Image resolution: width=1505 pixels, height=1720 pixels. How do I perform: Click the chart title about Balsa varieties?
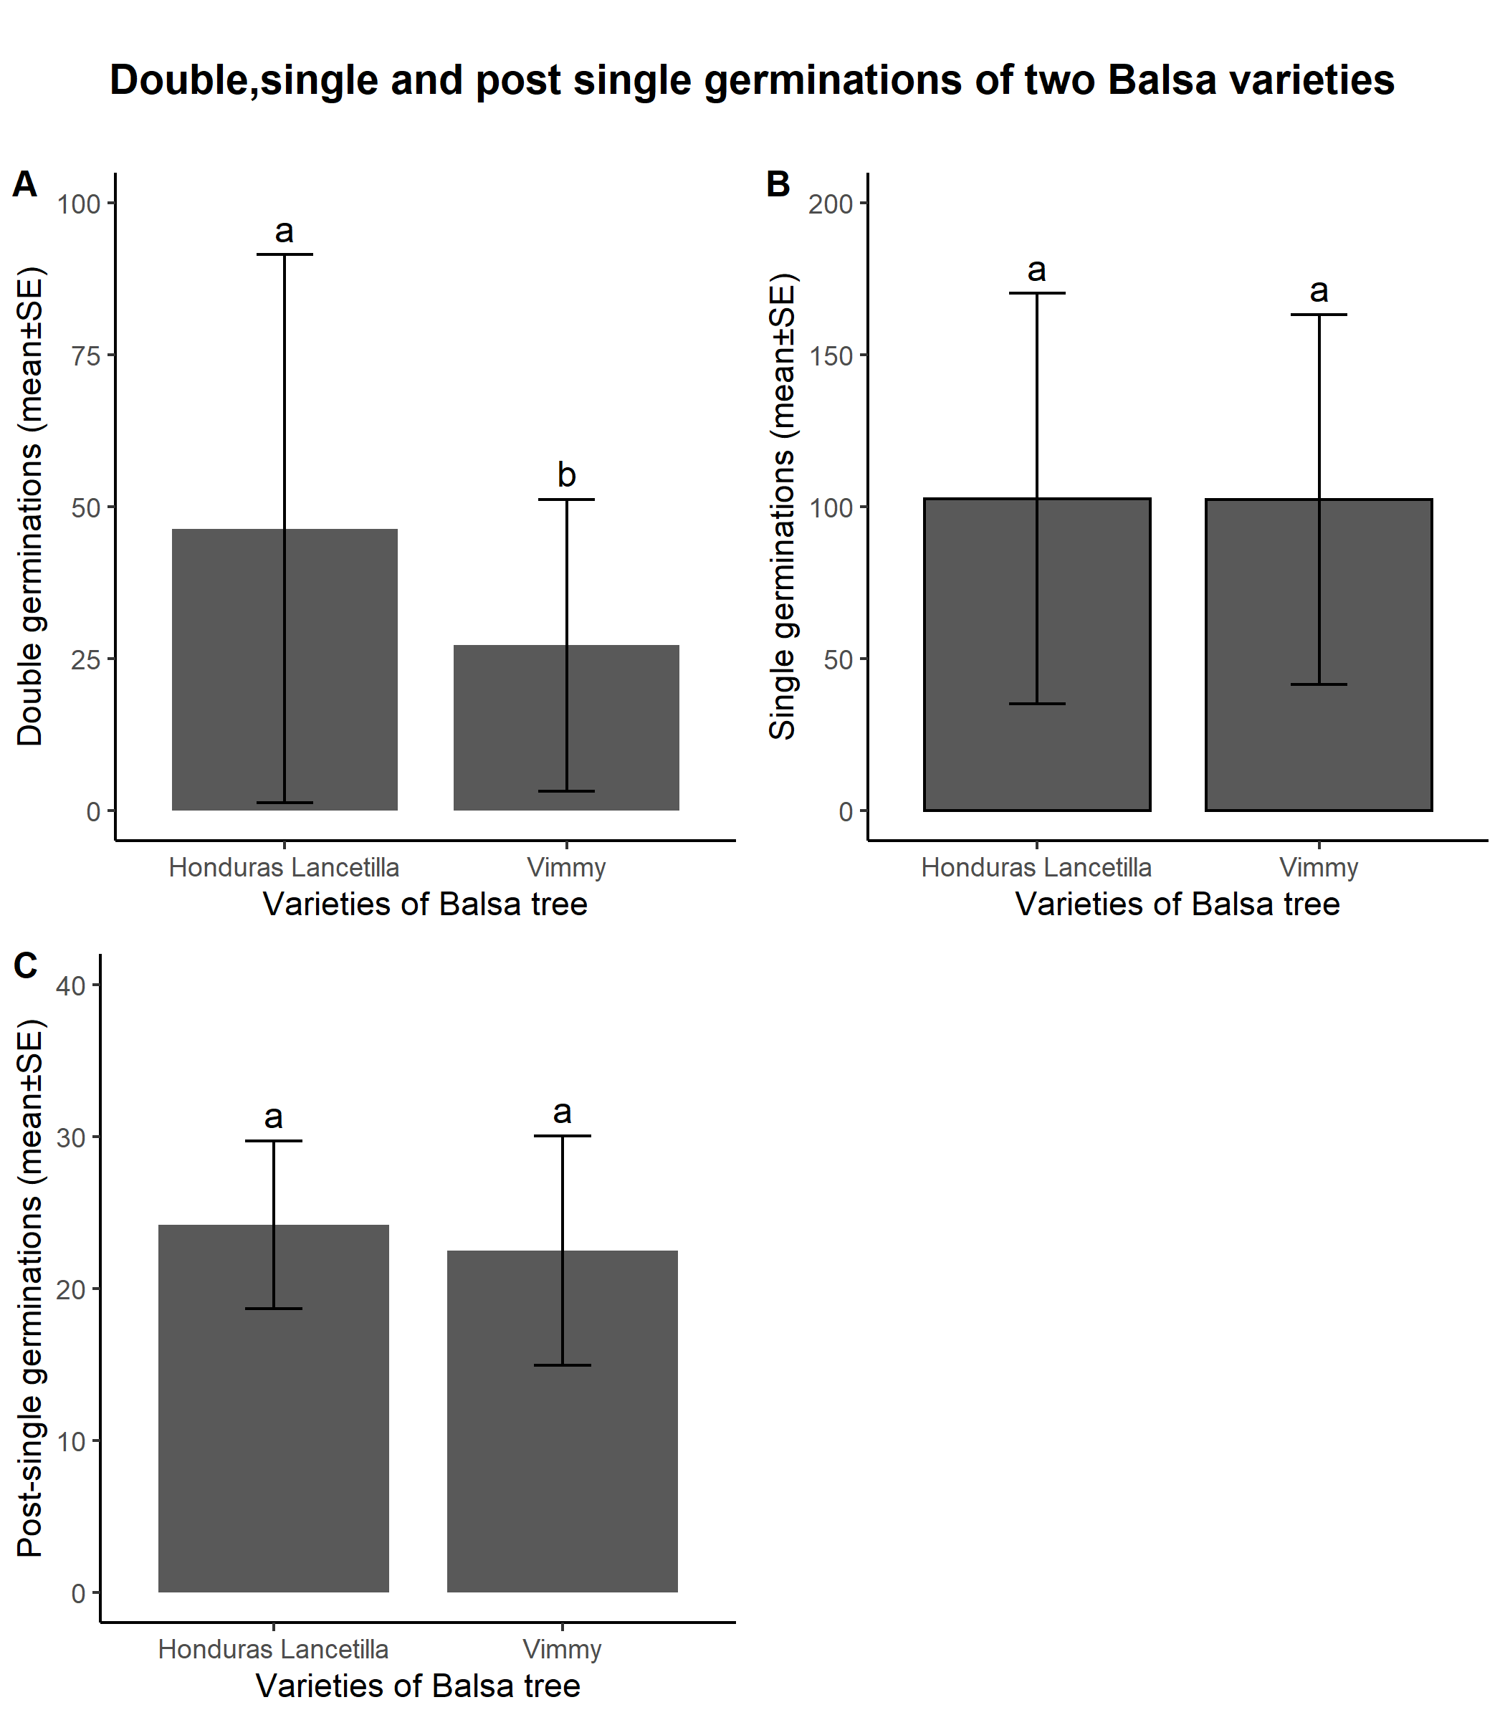pos(752,80)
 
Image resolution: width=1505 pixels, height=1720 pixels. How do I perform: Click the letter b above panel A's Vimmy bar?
pos(567,475)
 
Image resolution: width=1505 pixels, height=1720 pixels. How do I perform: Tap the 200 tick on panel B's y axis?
pos(831,204)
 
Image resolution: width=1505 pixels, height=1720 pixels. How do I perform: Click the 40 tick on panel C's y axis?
pos(72,986)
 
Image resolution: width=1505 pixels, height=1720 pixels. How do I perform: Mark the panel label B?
pos(778,185)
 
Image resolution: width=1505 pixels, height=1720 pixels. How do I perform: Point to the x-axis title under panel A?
pos(425,904)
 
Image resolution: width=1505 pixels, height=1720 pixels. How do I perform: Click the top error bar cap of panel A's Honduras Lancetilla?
pos(285,254)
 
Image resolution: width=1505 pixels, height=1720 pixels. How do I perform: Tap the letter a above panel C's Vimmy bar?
pos(562,1113)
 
